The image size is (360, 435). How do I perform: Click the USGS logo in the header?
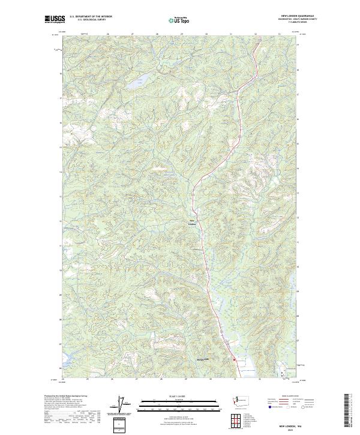click(55, 19)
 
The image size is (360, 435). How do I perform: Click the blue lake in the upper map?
click(136, 84)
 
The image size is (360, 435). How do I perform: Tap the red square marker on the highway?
click(233, 360)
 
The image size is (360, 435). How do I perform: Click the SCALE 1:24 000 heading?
click(179, 395)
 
